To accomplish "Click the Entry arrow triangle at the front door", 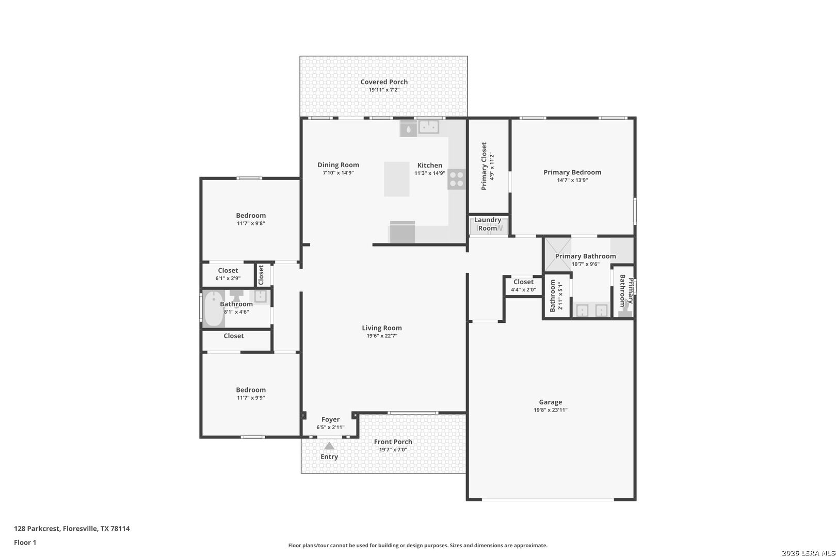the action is point(329,446).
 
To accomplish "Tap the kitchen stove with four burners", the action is point(456,179).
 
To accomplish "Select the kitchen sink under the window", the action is point(428,127).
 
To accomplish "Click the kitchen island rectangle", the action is point(397,178).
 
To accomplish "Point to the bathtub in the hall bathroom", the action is point(214,309).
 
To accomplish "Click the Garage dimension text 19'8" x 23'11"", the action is point(551,409).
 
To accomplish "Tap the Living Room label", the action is point(382,327).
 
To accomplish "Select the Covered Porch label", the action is point(384,81).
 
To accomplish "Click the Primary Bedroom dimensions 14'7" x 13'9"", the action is point(572,180).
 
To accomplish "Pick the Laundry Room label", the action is point(488,224).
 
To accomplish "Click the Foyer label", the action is point(330,419).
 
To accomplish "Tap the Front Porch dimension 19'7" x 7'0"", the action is point(393,450).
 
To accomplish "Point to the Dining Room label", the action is point(338,165).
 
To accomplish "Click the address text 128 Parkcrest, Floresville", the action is point(56,528).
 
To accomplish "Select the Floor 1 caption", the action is point(25,543).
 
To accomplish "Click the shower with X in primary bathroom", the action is point(557,254).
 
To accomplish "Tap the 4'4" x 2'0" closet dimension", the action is point(523,289).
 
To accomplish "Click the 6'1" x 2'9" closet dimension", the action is point(228,278).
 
